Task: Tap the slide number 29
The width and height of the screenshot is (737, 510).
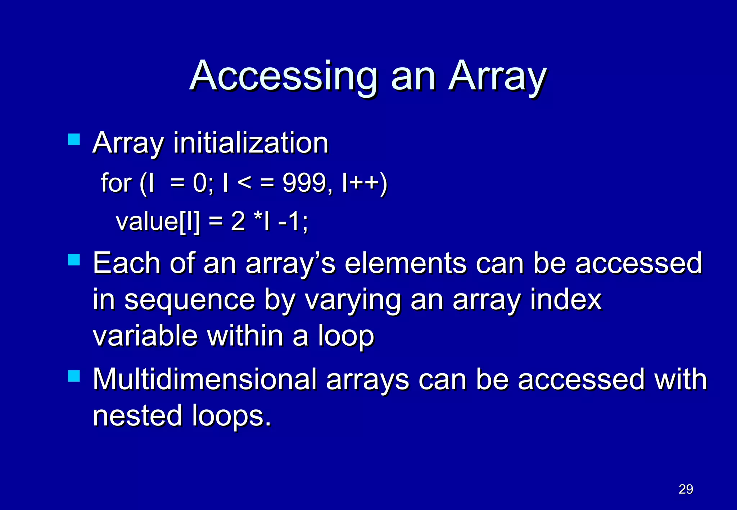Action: (x=686, y=489)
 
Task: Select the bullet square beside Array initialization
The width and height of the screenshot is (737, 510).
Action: (x=74, y=140)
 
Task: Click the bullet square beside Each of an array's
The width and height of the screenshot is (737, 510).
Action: (x=74, y=260)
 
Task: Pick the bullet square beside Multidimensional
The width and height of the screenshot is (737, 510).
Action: (x=74, y=376)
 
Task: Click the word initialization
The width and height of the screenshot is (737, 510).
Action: (x=251, y=143)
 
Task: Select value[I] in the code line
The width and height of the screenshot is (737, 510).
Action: (x=158, y=221)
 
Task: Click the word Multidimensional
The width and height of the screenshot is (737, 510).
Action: (x=204, y=379)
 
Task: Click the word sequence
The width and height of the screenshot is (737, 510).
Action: (x=190, y=300)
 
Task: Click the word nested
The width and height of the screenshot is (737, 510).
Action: (x=137, y=415)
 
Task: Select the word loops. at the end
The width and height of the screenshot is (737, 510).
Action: (x=231, y=415)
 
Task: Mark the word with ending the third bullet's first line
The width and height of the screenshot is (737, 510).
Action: (x=681, y=379)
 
